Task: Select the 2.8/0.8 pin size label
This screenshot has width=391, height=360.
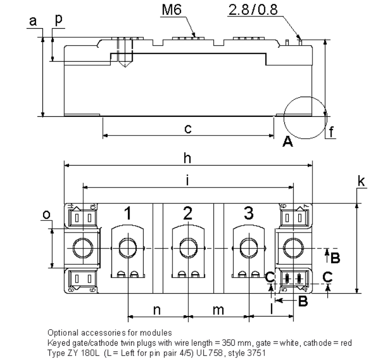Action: tap(251, 11)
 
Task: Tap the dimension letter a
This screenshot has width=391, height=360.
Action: tap(33, 21)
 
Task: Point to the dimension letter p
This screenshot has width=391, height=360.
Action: tap(58, 19)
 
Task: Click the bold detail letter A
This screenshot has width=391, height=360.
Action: tap(288, 141)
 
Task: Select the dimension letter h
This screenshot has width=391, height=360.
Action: tap(187, 158)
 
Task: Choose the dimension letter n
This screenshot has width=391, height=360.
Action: tap(157, 310)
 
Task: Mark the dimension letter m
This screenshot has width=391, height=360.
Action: tap(218, 310)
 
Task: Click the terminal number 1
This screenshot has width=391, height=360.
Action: tap(127, 213)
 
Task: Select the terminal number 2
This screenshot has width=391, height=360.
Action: tap(188, 213)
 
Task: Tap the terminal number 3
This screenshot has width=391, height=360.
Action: tap(248, 213)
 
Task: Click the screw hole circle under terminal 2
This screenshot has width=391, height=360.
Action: tap(188, 248)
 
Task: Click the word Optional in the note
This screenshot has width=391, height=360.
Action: tap(63, 333)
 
